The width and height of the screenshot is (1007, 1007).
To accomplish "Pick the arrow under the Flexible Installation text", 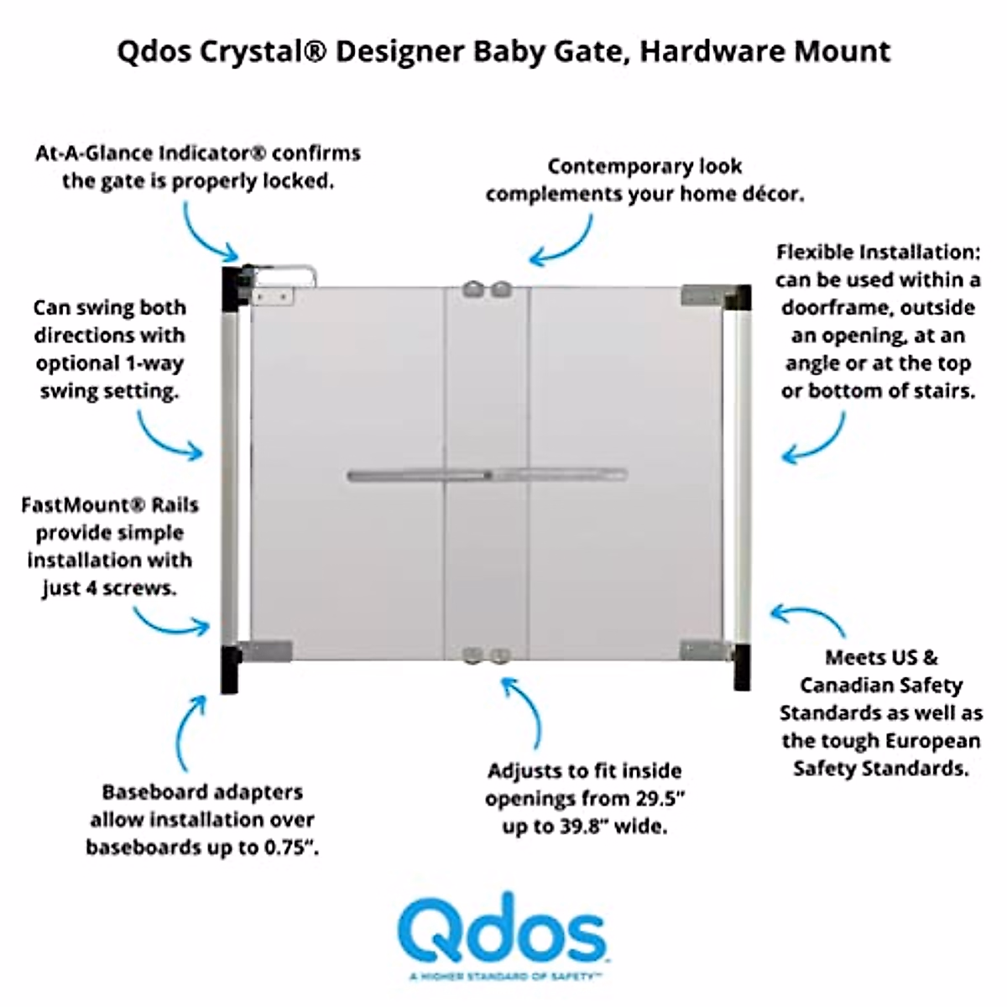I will (x=814, y=439).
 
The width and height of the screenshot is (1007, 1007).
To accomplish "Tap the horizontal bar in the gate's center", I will (x=487, y=476).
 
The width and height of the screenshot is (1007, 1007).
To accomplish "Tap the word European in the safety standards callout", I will (x=926, y=741).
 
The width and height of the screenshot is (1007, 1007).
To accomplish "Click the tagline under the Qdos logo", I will (x=502, y=976).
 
